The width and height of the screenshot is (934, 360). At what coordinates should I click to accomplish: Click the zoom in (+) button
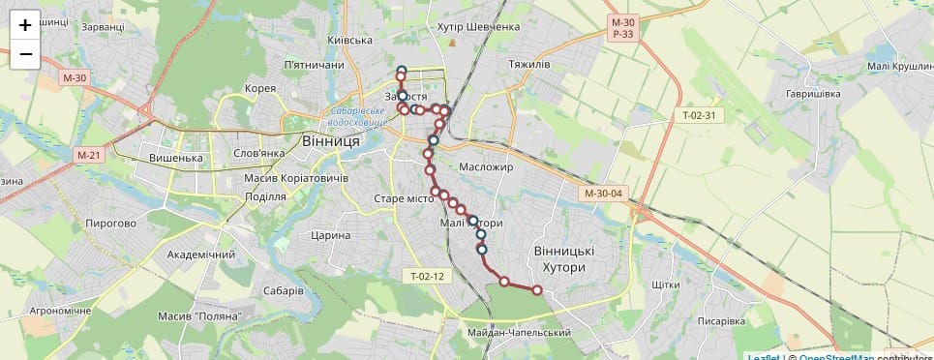tap(25, 26)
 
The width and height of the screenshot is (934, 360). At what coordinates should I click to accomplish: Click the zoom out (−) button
tap(25, 54)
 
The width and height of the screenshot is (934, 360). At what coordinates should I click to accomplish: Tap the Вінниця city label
tap(331, 141)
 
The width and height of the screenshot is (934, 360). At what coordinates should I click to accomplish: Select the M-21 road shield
tap(88, 155)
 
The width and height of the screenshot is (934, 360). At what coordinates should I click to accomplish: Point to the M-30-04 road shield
tap(603, 194)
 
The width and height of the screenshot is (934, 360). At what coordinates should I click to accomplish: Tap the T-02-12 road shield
tap(426, 277)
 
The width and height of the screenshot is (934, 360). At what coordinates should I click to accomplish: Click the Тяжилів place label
tap(528, 65)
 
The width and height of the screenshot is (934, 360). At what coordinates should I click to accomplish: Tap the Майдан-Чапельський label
tap(519, 333)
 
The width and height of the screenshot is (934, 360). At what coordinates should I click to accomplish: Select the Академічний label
tap(201, 255)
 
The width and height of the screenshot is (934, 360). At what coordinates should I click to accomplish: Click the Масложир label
tap(486, 167)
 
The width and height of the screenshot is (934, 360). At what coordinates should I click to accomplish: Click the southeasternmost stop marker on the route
tap(537, 289)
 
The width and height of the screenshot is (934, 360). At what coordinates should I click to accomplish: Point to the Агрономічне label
tap(60, 311)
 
